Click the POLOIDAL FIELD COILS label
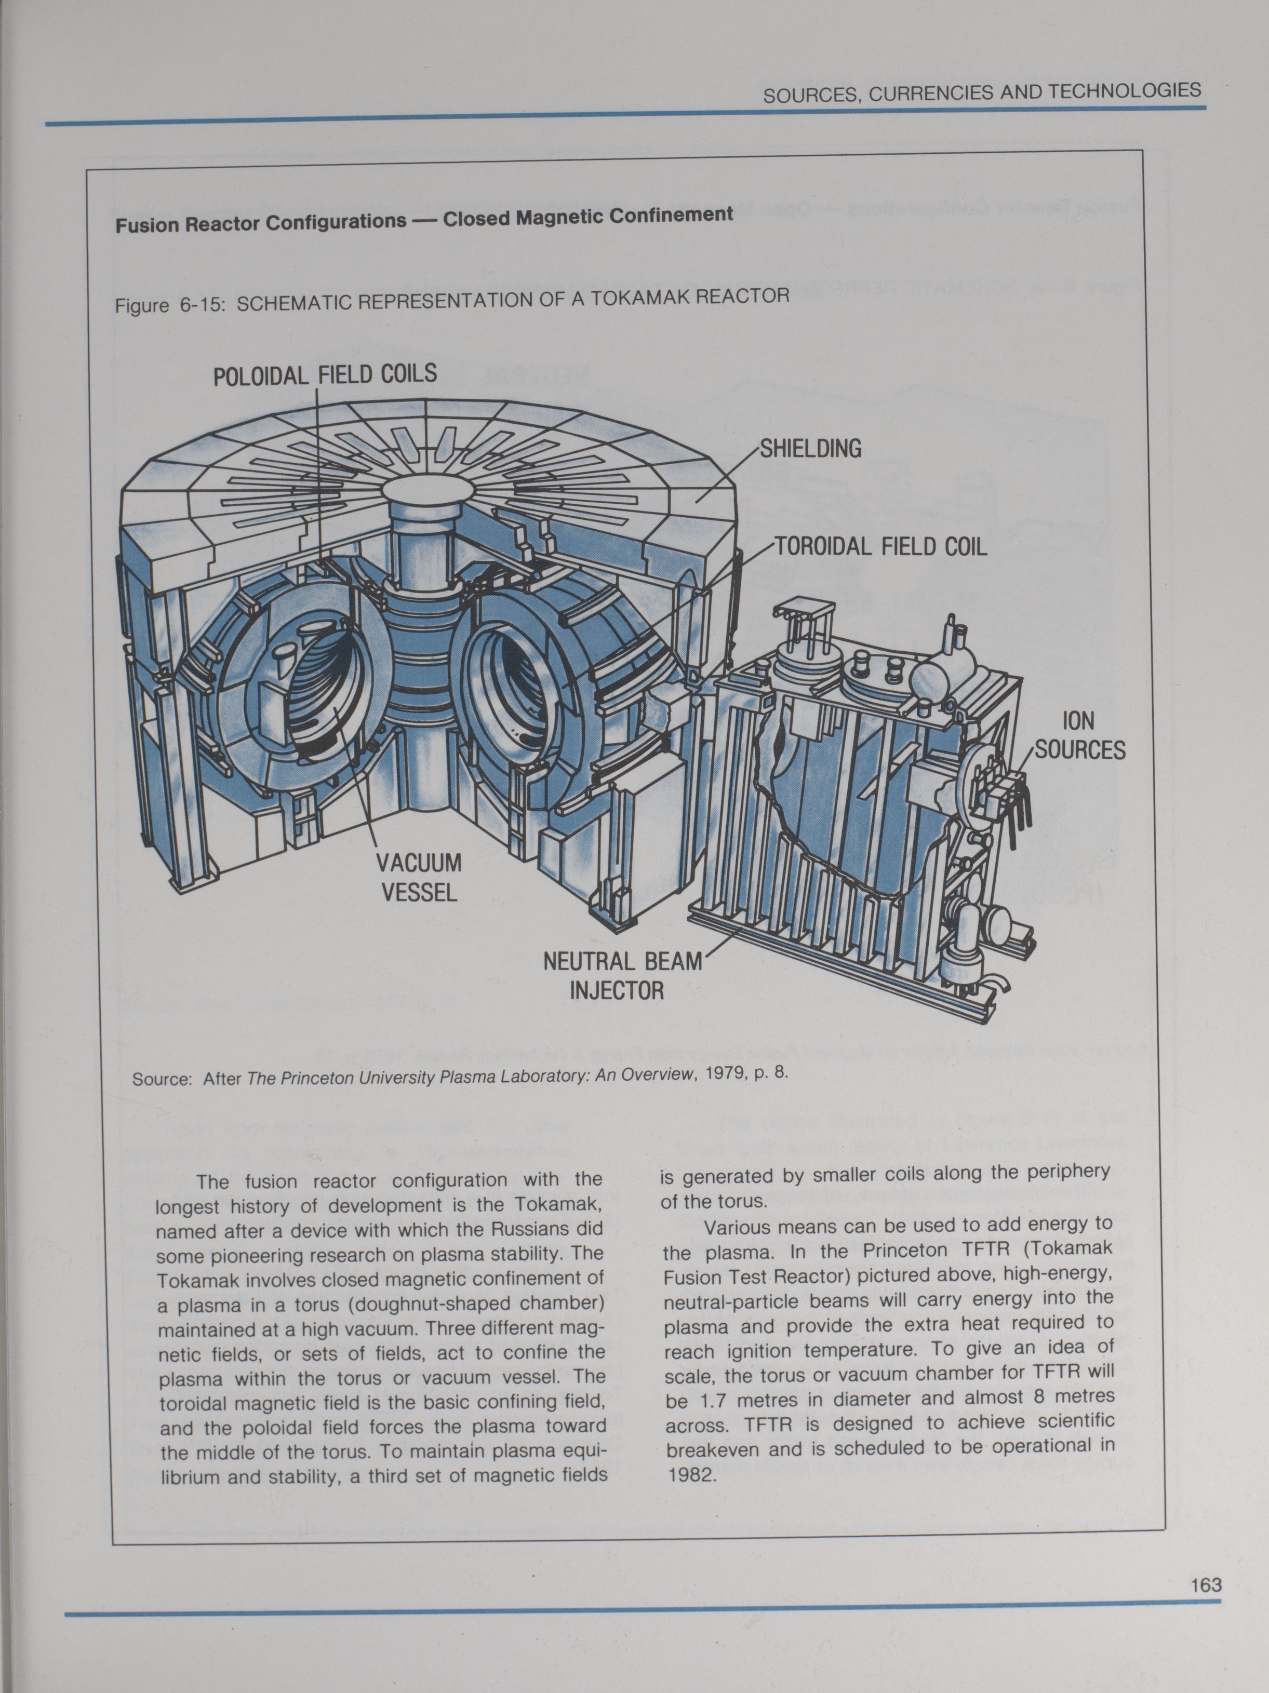click(x=325, y=375)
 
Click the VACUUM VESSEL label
click(x=419, y=878)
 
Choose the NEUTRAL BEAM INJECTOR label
click(x=621, y=976)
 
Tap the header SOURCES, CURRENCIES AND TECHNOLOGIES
click(x=982, y=92)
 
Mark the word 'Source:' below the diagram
click(x=162, y=1079)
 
